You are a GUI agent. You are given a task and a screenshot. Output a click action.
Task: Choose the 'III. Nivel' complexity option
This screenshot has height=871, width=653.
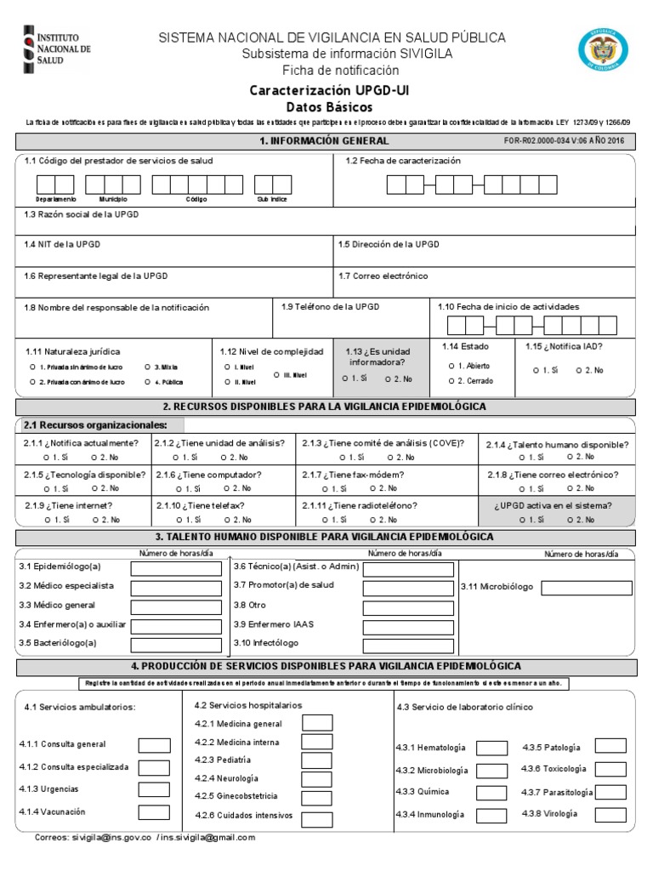click(x=277, y=374)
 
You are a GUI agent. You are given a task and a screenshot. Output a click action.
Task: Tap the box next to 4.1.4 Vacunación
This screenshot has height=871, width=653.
click(x=154, y=812)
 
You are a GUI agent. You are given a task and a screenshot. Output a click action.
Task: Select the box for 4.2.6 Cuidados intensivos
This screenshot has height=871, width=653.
click(x=317, y=819)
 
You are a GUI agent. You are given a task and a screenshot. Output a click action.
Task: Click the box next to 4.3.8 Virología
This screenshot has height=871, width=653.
click(x=610, y=813)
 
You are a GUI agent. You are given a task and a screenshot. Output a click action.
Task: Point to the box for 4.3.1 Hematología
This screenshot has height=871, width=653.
click(x=491, y=748)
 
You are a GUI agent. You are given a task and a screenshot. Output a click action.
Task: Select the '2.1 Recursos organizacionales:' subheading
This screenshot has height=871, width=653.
click(x=94, y=425)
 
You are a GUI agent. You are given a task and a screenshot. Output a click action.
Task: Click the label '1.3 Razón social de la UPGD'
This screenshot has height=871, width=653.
click(x=82, y=214)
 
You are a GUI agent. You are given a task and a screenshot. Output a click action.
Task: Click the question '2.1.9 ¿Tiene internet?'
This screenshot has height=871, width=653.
click(x=68, y=506)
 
